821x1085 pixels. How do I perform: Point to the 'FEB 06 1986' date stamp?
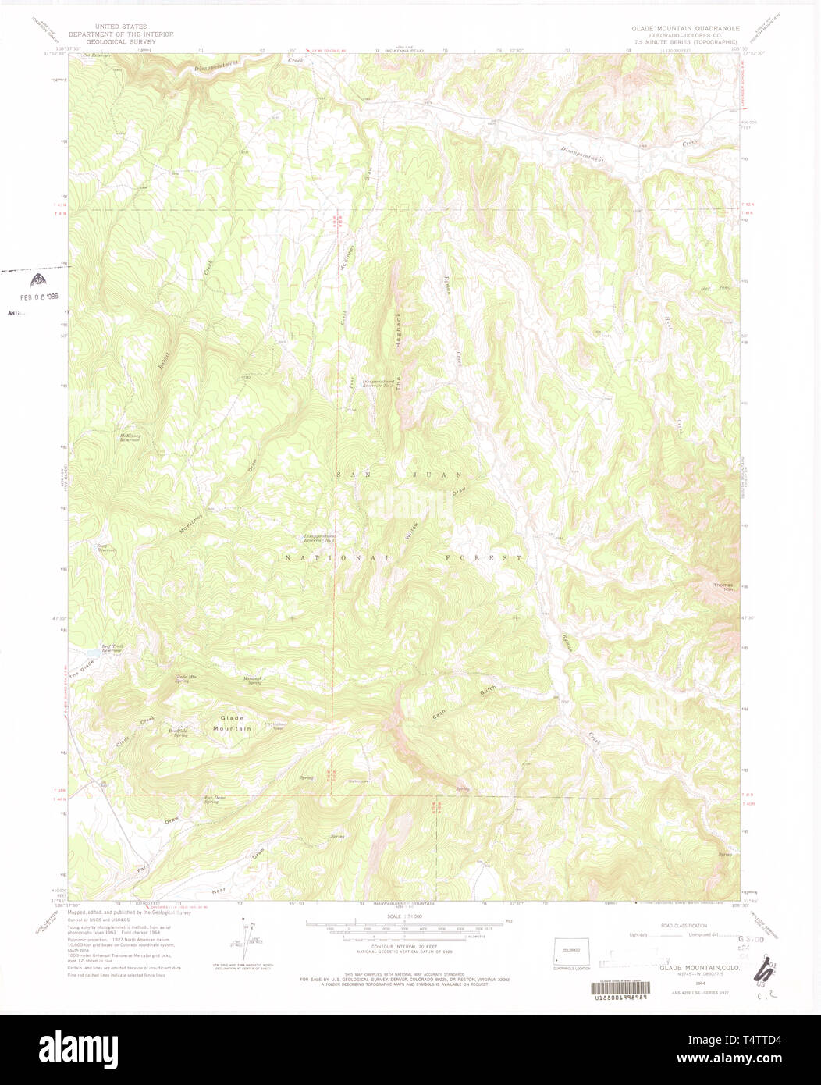[39, 297]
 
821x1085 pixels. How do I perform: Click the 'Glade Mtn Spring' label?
[182, 678]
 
